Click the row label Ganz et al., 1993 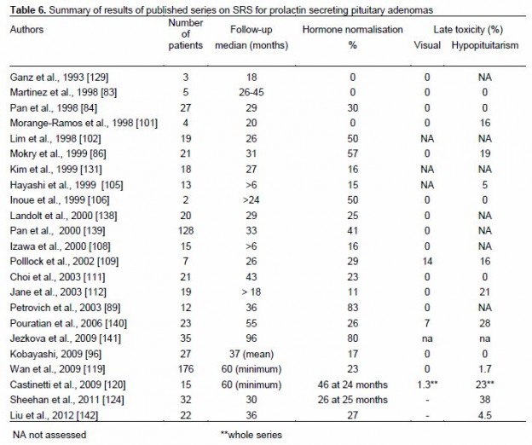59,78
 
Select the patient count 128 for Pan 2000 186,231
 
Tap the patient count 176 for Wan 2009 186,369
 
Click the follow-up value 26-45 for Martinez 251,92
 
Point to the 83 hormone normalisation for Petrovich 352,308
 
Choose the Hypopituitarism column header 485,45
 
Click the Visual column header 427,45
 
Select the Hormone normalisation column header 352,30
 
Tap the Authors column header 26,30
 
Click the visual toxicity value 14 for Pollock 427,262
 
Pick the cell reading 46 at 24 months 352,384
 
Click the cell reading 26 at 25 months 352,400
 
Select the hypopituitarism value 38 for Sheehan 485,400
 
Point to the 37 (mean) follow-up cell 252,354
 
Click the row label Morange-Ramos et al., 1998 84,123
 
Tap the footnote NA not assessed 49,435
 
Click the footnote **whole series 252,435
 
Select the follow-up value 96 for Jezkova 251,338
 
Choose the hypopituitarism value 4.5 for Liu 485,415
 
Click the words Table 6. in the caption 28,10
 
